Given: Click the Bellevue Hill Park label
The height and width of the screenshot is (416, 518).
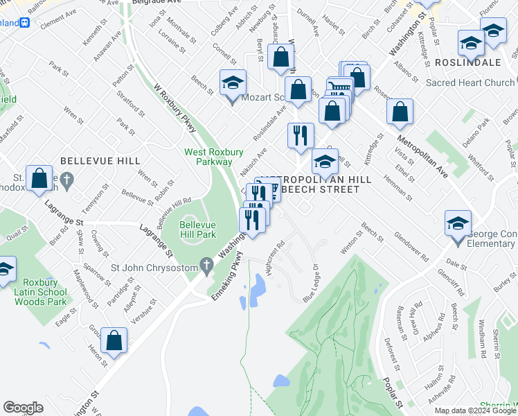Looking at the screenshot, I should [198, 230].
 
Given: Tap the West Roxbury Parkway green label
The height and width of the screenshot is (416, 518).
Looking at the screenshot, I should [208, 157].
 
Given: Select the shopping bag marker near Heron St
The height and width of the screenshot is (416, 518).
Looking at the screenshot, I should [114, 340].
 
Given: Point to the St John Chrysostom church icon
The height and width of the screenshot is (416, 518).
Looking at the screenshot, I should [206, 265].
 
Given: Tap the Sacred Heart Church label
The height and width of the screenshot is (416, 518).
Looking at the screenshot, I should [470, 83].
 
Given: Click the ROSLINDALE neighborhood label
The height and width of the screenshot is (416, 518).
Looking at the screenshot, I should [469, 62].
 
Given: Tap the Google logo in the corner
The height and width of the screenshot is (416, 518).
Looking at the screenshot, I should [23, 408].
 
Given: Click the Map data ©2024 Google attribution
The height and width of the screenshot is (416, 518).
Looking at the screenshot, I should [476, 410].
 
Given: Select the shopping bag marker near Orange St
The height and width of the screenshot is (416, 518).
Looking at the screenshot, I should [281, 59].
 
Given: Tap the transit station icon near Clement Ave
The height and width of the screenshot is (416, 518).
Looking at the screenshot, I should [25, 22].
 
